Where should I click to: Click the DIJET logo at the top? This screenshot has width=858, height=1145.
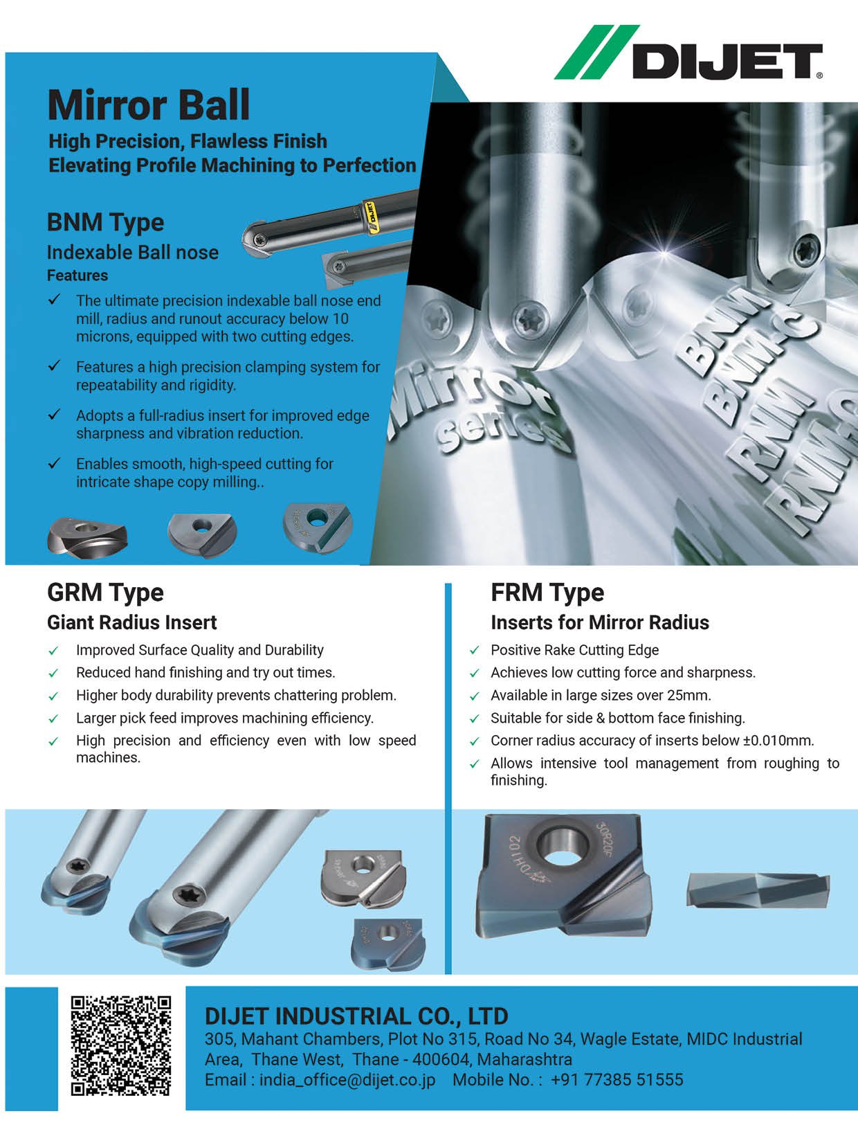coord(688,53)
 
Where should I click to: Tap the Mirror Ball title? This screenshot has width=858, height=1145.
coord(149,105)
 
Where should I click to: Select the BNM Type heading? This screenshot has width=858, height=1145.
coord(105,224)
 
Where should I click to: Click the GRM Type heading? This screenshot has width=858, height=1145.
coord(105,593)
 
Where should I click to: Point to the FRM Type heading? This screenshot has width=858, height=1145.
coord(547,593)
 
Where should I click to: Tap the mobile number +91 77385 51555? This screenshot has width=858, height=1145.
coord(617,1080)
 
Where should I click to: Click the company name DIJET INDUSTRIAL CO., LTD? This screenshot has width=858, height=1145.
coord(356,1016)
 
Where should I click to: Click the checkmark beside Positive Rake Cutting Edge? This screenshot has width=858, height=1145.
coord(475,651)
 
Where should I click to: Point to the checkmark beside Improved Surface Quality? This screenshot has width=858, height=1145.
coord(53,651)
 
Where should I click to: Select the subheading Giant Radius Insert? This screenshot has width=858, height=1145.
coord(132,622)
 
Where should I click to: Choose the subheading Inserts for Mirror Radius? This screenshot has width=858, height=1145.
coord(599,622)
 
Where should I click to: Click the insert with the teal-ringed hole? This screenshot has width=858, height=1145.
coord(317,528)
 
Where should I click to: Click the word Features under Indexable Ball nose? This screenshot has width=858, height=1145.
coord(77,276)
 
